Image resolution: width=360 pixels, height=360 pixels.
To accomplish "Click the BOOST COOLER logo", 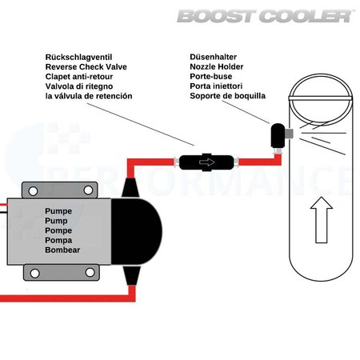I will click(x=265, y=15).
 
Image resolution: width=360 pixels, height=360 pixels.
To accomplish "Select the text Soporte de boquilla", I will click(x=228, y=96).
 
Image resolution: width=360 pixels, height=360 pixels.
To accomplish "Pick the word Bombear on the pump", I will click(x=63, y=248).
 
